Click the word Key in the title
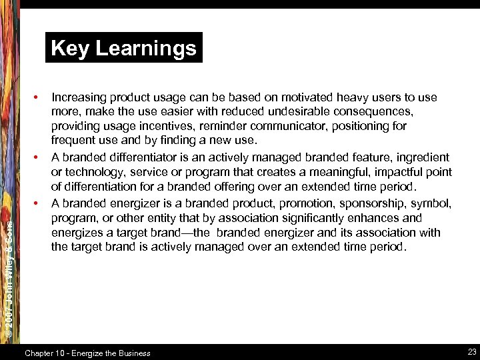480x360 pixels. click(70, 48)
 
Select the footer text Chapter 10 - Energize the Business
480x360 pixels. click(87, 353)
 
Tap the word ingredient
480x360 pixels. click(423, 157)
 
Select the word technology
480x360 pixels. click(92, 173)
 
